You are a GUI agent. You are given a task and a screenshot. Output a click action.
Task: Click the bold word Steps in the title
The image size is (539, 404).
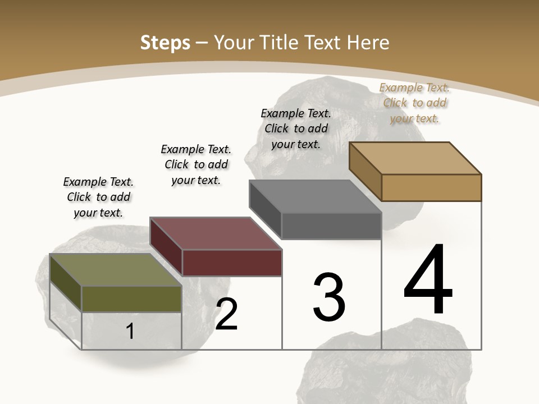(165, 43)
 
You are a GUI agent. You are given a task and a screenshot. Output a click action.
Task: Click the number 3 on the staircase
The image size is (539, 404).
(329, 297)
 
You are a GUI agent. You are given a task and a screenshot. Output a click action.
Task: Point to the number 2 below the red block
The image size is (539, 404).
(227, 315)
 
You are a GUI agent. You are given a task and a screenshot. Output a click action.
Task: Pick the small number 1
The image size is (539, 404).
(130, 331)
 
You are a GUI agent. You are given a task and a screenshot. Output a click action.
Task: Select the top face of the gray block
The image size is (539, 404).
(315, 196)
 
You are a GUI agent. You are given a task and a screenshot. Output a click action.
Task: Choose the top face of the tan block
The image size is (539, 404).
(415, 158)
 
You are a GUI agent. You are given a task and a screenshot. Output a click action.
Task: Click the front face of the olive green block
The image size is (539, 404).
(132, 299)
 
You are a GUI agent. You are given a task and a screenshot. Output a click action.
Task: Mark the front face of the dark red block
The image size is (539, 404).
(232, 263)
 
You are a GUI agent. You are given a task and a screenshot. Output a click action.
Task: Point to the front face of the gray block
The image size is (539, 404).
(331, 226)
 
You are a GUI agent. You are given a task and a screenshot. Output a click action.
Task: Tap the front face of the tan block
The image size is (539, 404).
(431, 187)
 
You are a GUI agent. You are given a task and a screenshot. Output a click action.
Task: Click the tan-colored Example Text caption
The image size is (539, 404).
(414, 103)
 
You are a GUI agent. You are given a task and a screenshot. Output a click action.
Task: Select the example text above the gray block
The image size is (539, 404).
(296, 128)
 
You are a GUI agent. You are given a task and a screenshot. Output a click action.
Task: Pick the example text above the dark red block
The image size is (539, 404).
(196, 164)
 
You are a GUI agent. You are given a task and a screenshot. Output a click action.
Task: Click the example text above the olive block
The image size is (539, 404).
(98, 197)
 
